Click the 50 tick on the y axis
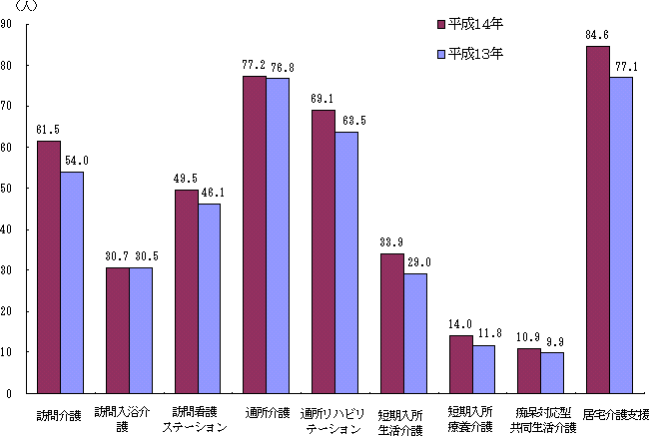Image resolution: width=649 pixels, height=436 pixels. coord(7,189)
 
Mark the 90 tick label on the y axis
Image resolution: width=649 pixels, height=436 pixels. coord(7,25)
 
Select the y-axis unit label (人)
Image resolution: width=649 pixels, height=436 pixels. coord(20,7)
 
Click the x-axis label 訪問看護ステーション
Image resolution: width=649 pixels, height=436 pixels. coord(196,419)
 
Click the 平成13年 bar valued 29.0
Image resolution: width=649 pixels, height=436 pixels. coord(415,333)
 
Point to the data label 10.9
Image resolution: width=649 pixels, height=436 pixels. coord(529,338)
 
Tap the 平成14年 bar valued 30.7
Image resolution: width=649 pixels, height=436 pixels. coord(117,330)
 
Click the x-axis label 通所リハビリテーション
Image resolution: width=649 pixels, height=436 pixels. coord(332,419)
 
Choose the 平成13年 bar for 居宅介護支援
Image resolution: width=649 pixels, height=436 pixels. coord(621,235)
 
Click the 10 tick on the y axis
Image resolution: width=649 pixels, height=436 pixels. coord(7,352)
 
